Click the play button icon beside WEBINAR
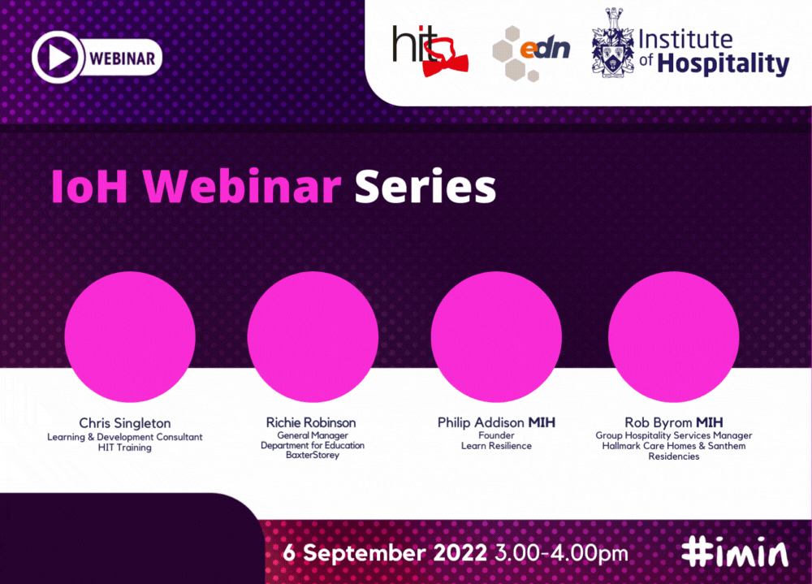(x=58, y=57)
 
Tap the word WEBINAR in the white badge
(x=123, y=58)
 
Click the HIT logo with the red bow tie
(x=430, y=51)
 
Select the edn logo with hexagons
(x=531, y=54)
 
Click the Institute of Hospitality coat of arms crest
(x=613, y=43)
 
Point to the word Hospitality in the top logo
(x=723, y=63)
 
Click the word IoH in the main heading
(x=89, y=187)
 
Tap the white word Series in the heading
(x=425, y=187)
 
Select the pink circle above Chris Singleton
(x=130, y=337)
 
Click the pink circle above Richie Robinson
(x=313, y=337)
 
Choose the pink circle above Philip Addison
(x=496, y=337)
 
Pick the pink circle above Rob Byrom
(x=674, y=337)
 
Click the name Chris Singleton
(x=125, y=423)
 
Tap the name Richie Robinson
(x=311, y=422)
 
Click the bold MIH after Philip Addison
(x=542, y=422)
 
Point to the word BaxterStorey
(x=313, y=455)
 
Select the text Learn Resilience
(x=496, y=446)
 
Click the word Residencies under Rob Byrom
(x=674, y=456)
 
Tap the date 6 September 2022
(x=385, y=553)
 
